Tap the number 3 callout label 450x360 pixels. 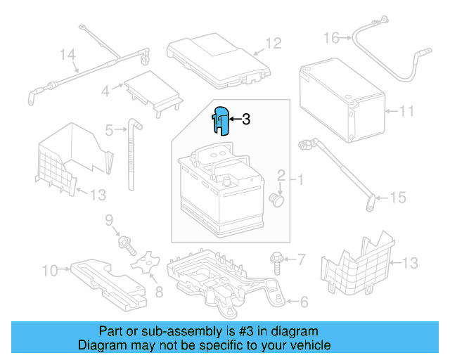pos(246,120)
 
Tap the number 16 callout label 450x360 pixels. pos(331,37)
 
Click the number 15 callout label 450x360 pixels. pos(398,198)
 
